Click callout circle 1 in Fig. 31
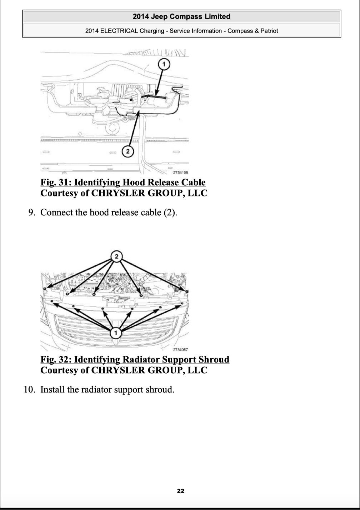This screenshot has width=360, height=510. (164, 64)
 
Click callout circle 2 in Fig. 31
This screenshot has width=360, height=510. (128, 151)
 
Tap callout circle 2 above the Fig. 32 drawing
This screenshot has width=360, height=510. (116, 256)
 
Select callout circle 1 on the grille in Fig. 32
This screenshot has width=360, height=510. (116, 333)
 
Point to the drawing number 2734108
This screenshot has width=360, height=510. (180, 172)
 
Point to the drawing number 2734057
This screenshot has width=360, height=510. (180, 350)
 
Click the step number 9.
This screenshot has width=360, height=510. (32, 212)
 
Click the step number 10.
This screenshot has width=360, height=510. (30, 390)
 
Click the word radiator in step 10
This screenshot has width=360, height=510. (96, 390)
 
